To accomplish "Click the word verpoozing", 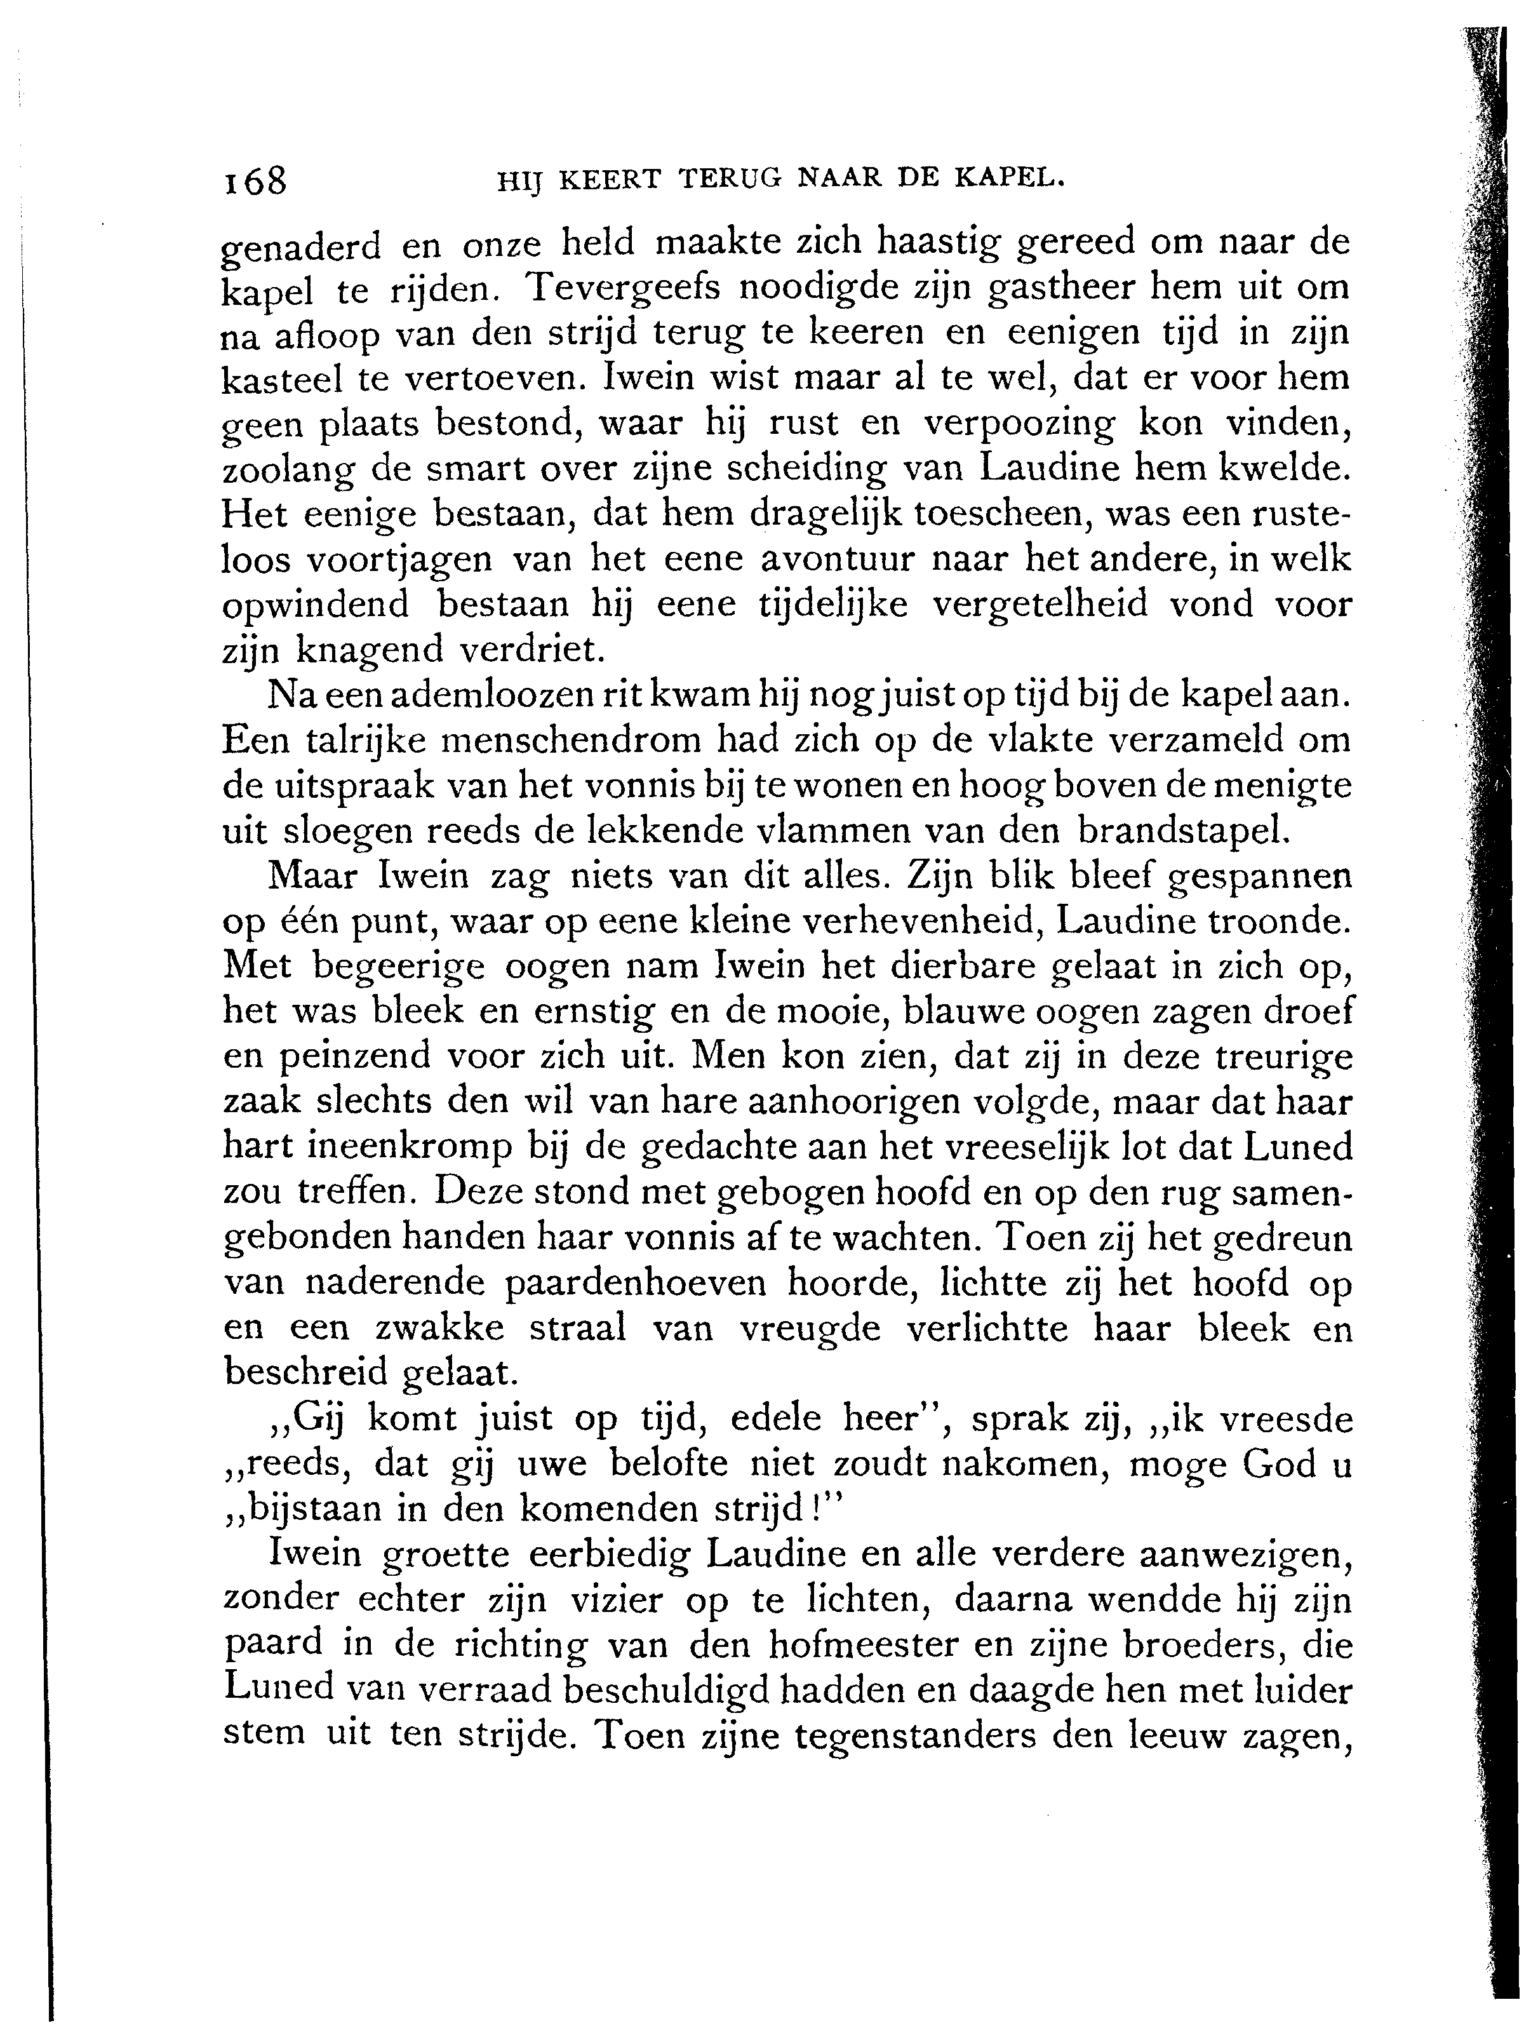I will pyautogui.click(x=1019, y=424).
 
